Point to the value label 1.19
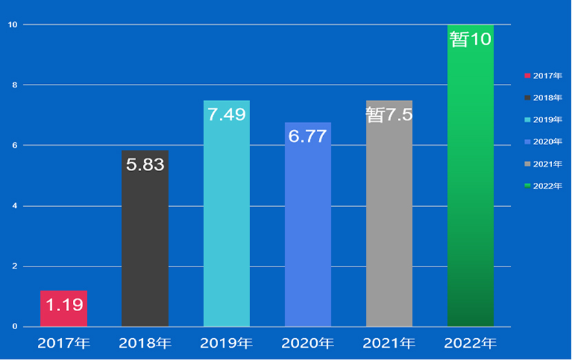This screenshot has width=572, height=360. click(x=64, y=304)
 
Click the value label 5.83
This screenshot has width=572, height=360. click(x=145, y=165)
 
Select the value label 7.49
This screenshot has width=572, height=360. click(x=226, y=115)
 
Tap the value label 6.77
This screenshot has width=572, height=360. click(x=307, y=136)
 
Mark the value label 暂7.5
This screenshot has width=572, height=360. click(x=389, y=115)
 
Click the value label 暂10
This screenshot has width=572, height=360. click(x=470, y=39)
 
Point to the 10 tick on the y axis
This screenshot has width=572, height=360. click(x=12, y=25)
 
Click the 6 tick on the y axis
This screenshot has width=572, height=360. click(x=15, y=146)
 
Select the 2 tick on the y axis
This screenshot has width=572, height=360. click(x=15, y=267)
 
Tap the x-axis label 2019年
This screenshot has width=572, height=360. click(x=226, y=343)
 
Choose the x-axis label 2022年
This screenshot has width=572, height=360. click(x=470, y=343)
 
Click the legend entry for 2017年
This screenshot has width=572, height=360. click(x=544, y=76)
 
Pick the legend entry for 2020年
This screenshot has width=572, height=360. click(x=544, y=142)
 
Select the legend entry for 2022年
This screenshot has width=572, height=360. click(x=544, y=186)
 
